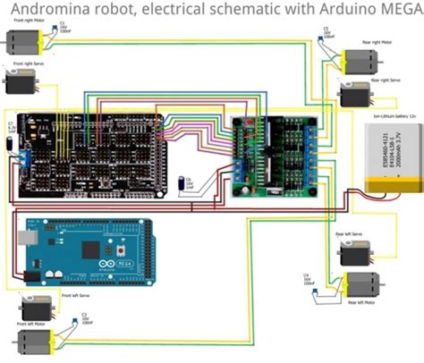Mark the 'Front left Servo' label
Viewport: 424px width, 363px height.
[77, 293]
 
